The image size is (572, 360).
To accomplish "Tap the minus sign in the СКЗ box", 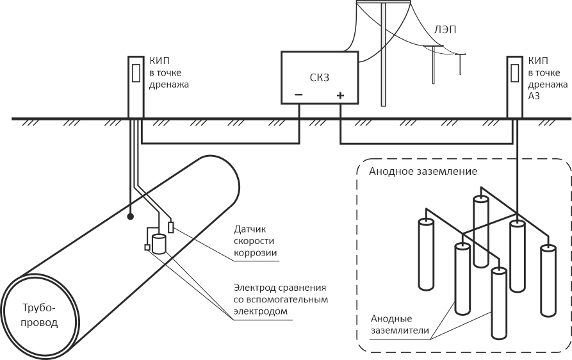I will (298, 96).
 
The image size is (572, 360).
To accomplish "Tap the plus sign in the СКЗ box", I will (340, 96).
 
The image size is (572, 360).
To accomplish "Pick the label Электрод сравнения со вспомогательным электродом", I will (274, 299).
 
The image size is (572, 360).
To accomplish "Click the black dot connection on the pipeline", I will (129, 216).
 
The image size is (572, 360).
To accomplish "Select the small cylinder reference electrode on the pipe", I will (159, 244).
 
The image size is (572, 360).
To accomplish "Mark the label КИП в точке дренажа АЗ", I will (548, 78).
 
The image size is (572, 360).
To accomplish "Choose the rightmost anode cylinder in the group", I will (548, 279).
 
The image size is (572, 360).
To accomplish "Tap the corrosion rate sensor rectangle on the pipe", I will (171, 227).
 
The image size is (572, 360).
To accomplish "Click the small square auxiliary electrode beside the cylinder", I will (147, 247).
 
